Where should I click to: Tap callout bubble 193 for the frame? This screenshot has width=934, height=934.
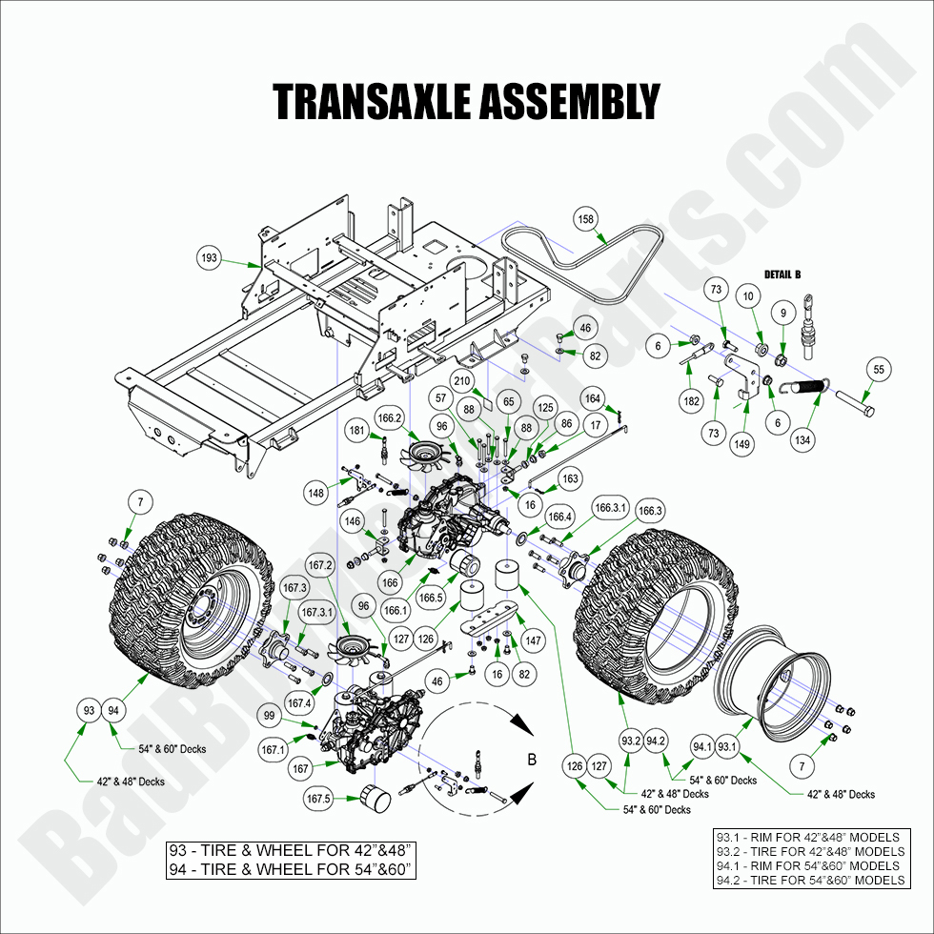coord(210,258)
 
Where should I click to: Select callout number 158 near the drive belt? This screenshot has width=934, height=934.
coord(585,219)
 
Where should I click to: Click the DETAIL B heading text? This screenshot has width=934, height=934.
coord(782,274)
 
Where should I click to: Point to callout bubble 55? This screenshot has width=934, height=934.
coord(878,369)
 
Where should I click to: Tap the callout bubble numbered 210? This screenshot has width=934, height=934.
coord(462,383)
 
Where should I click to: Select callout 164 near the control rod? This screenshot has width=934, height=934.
coord(593,398)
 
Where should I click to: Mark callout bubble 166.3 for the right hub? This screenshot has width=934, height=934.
coord(650,511)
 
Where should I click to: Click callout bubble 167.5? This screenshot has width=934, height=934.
coord(318,799)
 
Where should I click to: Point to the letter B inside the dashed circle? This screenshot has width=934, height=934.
coord(531,760)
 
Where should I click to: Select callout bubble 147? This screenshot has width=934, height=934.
coord(532,641)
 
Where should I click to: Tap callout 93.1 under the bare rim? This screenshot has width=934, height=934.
coord(728,746)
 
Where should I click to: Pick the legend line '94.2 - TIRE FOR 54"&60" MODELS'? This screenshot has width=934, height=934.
coord(809,880)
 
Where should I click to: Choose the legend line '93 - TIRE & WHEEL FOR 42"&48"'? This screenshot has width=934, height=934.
coord(292,849)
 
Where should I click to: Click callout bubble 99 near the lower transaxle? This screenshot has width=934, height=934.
coord(270,716)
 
